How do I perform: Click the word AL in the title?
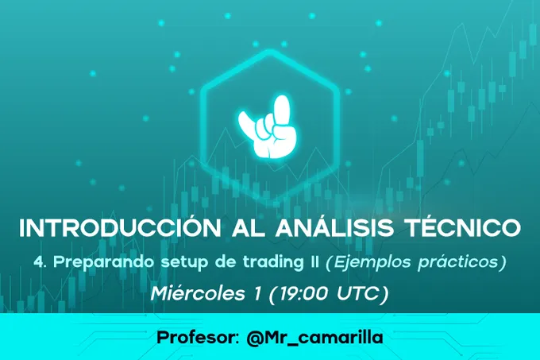click(248, 227)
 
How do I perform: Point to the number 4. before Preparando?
click(40, 262)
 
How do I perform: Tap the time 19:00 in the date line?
click(303, 294)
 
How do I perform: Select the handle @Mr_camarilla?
click(314, 338)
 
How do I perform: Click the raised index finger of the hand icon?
click(283, 111)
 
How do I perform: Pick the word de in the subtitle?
click(226, 262)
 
